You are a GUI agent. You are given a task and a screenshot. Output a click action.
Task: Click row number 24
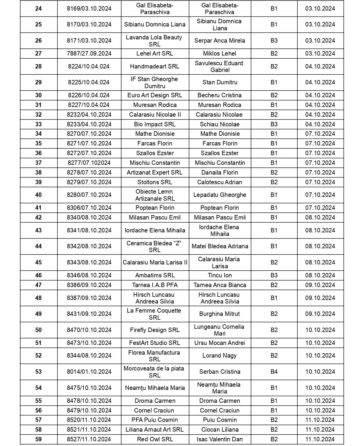[38, 9]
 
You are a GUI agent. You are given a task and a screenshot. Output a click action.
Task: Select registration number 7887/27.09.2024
[89, 53]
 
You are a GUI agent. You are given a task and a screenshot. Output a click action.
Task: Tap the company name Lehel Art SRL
[155, 53]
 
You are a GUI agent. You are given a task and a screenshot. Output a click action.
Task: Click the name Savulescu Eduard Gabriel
[220, 66]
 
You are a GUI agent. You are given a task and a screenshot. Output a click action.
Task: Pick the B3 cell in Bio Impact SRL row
[274, 124]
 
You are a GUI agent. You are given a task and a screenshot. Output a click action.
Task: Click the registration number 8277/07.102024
[89, 163]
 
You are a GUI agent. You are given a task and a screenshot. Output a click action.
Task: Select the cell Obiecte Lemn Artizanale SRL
[155, 195]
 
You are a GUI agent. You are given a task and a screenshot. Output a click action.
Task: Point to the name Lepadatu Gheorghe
[220, 195]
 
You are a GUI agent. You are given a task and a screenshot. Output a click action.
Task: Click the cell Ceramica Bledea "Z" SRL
[155, 246]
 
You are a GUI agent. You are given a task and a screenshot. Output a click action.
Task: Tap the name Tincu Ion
[220, 275]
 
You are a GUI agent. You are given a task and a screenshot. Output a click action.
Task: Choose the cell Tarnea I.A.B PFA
[155, 285]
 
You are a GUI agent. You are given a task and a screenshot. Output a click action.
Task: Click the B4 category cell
[274, 372]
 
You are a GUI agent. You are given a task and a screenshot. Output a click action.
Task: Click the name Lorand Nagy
[220, 356]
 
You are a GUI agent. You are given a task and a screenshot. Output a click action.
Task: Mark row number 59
[38, 439]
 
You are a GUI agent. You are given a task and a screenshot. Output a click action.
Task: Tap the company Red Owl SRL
[155, 439]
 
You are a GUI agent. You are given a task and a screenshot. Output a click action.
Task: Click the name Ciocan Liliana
[220, 430]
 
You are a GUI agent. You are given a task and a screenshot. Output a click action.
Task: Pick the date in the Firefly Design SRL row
[320, 330]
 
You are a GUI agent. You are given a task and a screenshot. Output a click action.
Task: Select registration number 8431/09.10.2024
[89, 314]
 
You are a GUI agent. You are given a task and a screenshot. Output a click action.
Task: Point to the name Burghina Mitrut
[220, 314]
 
